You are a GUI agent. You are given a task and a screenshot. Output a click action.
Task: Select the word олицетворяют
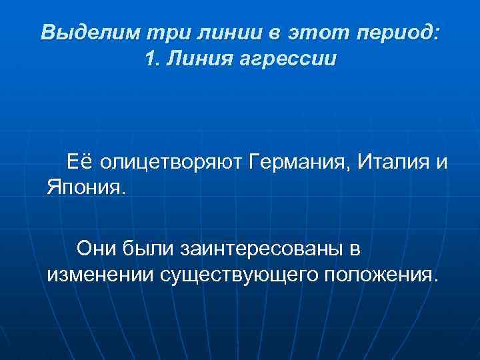pyautogui.click(x=171, y=162)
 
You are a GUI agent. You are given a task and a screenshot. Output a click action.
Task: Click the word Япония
pyautogui.click(x=85, y=186)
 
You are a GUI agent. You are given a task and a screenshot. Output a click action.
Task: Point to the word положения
pyautogui.click(x=381, y=275)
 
